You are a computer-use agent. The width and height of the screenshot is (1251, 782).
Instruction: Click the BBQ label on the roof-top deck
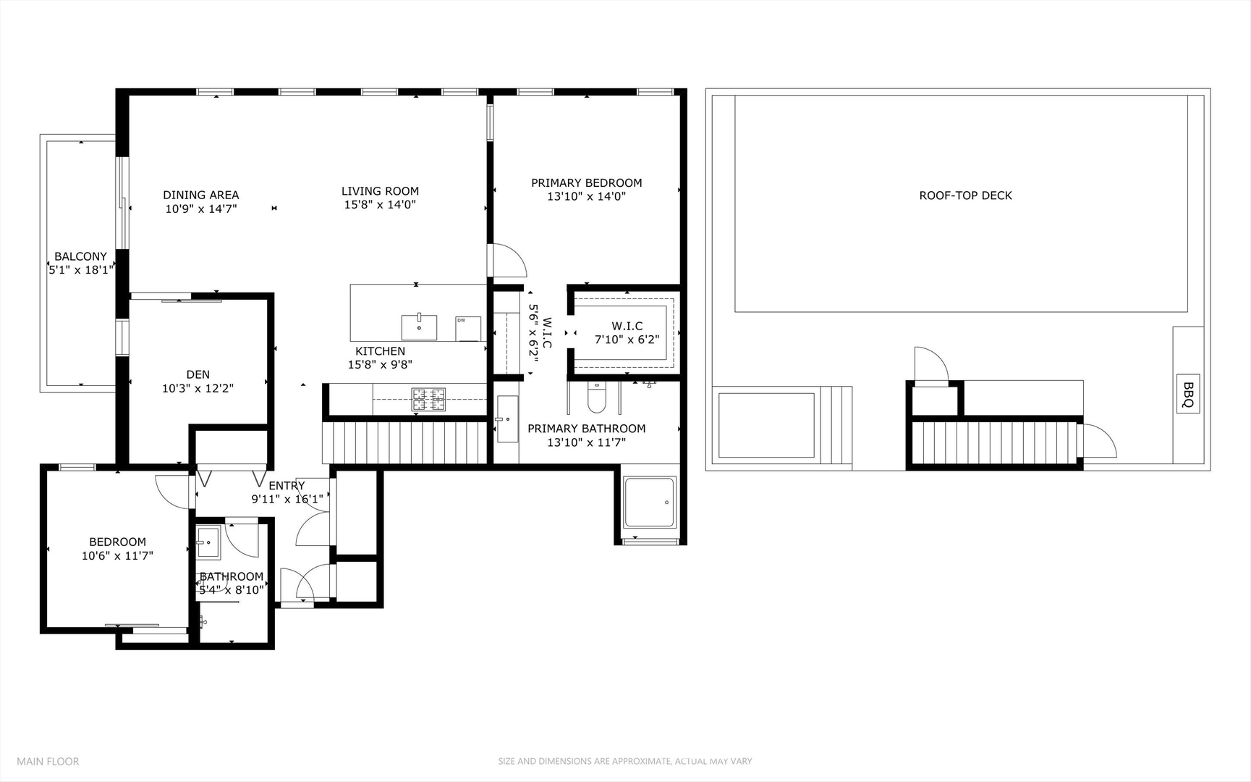(x=1188, y=394)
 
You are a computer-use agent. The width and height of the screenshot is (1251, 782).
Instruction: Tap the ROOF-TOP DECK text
(x=965, y=195)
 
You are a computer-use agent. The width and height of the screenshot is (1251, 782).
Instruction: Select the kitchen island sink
(x=419, y=327)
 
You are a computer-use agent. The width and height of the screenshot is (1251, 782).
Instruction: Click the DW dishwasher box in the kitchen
(x=467, y=328)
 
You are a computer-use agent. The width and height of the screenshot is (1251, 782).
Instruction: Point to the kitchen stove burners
(x=428, y=400)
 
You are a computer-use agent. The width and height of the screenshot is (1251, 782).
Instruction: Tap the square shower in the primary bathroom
(x=649, y=502)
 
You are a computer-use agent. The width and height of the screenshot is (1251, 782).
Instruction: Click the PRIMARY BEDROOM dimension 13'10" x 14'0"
(x=586, y=196)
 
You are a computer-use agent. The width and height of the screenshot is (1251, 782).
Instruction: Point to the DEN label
(x=198, y=374)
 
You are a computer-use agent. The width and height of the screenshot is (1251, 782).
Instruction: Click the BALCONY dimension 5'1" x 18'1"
(x=81, y=270)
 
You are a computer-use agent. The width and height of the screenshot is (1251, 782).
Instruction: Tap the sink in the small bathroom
(x=208, y=543)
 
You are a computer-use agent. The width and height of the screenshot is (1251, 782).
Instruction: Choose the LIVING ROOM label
(x=380, y=191)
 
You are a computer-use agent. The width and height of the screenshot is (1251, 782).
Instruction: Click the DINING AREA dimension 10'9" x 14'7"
(x=201, y=209)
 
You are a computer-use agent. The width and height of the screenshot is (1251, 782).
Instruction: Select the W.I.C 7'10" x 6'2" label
(x=627, y=332)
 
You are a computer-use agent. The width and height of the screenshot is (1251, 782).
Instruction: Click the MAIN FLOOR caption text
(x=48, y=761)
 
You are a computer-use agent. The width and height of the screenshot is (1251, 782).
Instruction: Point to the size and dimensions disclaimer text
(x=624, y=761)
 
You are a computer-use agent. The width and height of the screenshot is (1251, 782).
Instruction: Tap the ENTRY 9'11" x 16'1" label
(x=287, y=492)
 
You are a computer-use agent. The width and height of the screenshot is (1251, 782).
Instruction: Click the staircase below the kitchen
(x=405, y=442)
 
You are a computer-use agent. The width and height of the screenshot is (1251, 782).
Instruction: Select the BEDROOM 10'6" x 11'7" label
(x=117, y=549)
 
